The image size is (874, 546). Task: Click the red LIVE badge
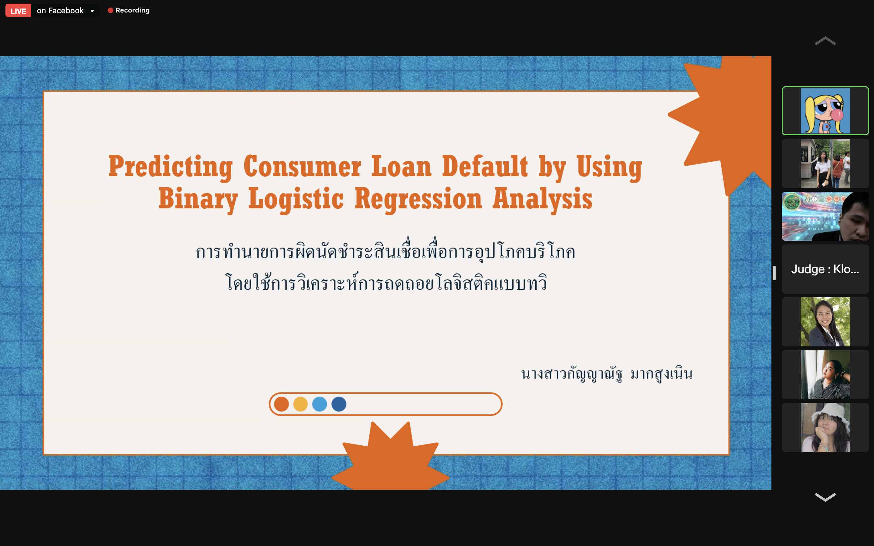(x=18, y=11)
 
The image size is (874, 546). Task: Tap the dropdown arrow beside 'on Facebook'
(x=93, y=11)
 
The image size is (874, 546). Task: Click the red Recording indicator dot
(x=110, y=11)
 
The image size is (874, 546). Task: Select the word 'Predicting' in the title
(x=171, y=167)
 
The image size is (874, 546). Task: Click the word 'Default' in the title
(x=485, y=166)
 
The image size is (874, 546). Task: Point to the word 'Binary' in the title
(x=198, y=199)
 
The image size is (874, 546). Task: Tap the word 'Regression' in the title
(x=418, y=199)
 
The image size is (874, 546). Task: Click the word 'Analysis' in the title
(x=543, y=199)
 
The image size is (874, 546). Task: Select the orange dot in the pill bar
(x=281, y=404)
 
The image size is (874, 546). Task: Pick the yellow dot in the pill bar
(x=300, y=404)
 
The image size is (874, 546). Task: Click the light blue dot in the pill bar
(x=320, y=404)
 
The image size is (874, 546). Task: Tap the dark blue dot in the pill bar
(x=339, y=404)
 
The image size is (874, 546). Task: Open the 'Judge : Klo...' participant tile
(x=825, y=269)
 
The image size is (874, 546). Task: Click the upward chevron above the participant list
(x=825, y=41)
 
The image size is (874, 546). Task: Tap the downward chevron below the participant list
(x=825, y=497)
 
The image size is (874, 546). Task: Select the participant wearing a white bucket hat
(x=825, y=427)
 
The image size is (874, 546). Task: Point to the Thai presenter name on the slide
(x=607, y=374)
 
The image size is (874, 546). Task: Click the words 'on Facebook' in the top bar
(x=60, y=11)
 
